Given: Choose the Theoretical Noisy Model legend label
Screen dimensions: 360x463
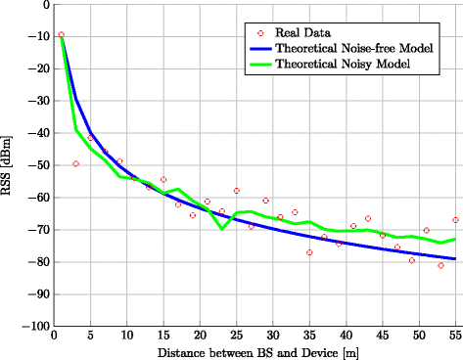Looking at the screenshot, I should tap(341, 64).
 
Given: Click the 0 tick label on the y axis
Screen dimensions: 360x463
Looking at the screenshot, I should tap(45, 5).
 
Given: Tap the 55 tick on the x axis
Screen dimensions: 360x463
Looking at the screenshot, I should tap(455, 336).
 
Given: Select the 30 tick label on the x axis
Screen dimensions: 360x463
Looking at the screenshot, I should tap(273, 336).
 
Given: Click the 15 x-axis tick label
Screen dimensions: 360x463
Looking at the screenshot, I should tap(163, 336).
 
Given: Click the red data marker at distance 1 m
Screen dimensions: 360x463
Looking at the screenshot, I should tap(62, 35).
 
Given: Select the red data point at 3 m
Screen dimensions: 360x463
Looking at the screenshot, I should tap(76, 163).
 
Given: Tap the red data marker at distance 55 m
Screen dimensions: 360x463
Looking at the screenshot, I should tap(455, 220).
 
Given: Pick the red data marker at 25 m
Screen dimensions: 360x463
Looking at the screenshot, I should tap(236, 191).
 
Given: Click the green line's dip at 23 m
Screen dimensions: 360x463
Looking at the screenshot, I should tap(222, 229).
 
